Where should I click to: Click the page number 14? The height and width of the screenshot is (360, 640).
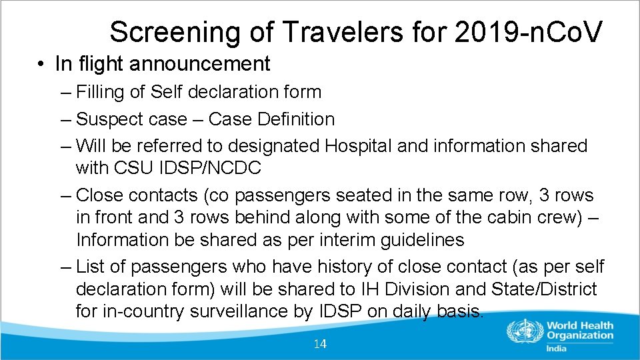point(320,344)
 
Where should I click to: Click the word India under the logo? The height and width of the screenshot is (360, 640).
point(555,348)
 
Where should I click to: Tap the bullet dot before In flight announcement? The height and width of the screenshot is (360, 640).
point(41,64)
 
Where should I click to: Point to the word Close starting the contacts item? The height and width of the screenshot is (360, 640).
point(99,195)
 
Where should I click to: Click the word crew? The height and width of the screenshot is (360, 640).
point(537,217)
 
